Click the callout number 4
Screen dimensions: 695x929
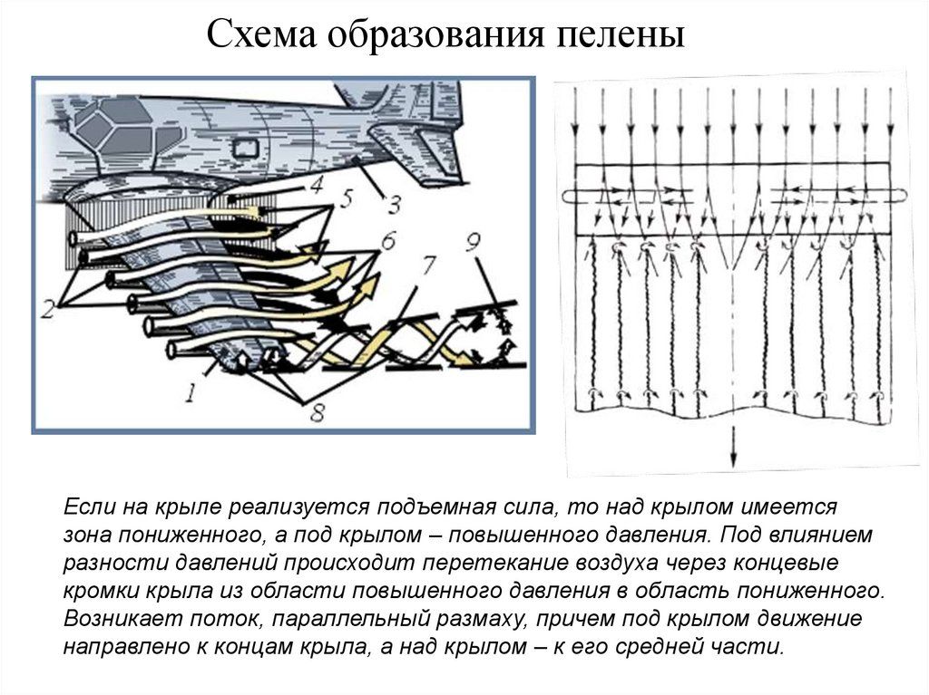pos(315,185)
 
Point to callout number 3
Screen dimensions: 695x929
pos(393,205)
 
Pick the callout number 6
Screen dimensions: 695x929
pos(387,242)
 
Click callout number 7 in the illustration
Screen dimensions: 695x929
pos(426,267)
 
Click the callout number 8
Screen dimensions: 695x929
pos(316,413)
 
